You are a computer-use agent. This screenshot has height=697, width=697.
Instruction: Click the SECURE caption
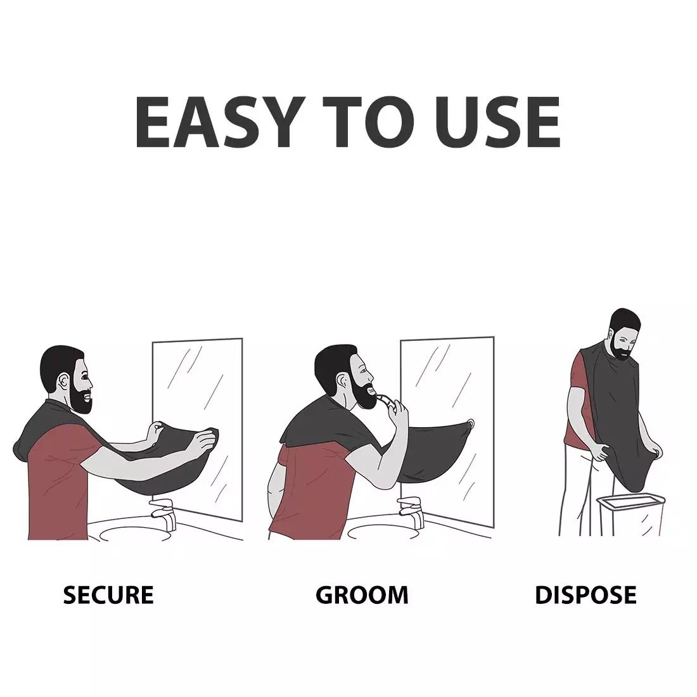click(x=108, y=595)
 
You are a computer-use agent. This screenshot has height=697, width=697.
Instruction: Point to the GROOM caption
click(x=362, y=595)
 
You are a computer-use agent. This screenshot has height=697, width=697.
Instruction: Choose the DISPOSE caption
click(x=585, y=595)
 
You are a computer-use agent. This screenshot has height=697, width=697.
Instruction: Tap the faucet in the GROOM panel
click(x=411, y=512)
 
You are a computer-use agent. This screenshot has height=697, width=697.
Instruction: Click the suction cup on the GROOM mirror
click(x=470, y=424)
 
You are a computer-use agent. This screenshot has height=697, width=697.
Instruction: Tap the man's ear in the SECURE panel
click(x=63, y=381)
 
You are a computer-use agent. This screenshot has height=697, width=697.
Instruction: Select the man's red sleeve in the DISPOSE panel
click(x=579, y=371)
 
